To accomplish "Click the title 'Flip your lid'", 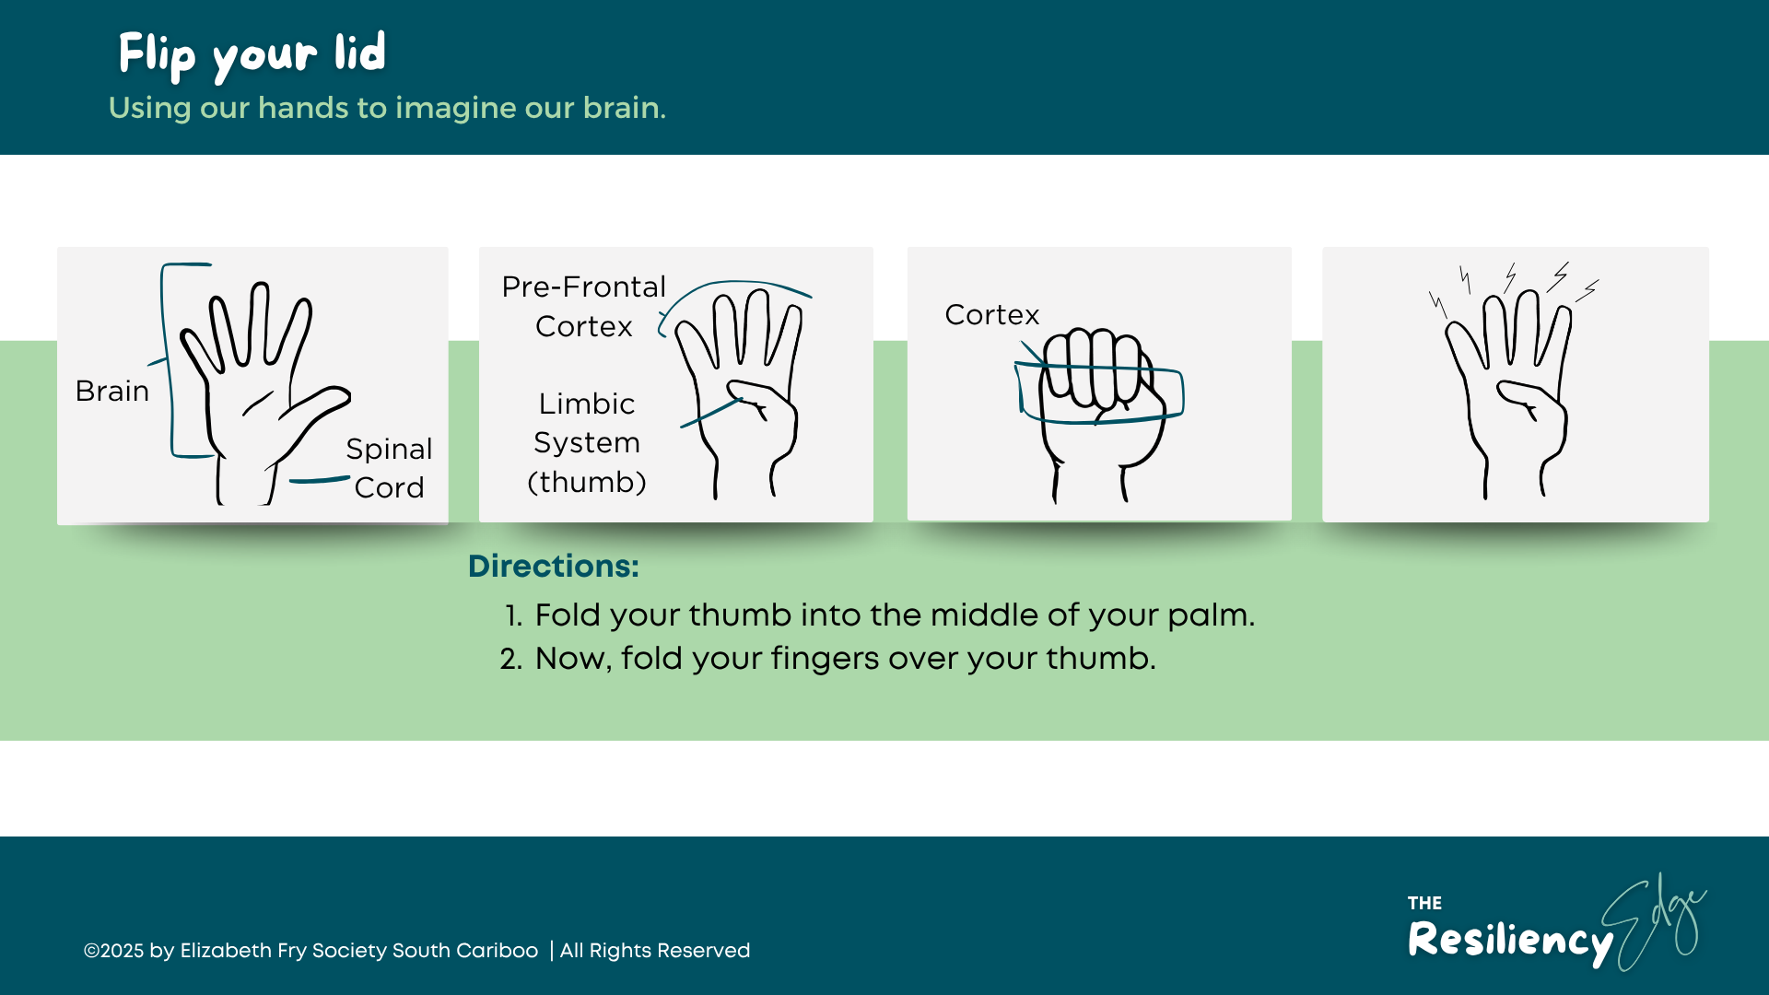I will pos(252,53).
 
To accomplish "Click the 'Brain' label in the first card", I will pos(112,391).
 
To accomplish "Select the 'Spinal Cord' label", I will pos(389,468).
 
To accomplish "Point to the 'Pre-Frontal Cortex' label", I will pos(583,306).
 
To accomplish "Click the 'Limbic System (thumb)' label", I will pos(587,442).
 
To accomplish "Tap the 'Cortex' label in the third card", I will pos(991,315).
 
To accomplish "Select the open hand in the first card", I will pos(258,387).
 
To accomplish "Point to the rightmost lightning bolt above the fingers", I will pos(1587,291).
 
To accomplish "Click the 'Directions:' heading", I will pos(553,566).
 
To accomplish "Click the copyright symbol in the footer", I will pos(91,951).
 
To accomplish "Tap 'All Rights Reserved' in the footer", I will pos(655,951).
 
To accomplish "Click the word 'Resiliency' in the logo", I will pos(1509,940).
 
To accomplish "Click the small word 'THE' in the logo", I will pos(1424,903).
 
